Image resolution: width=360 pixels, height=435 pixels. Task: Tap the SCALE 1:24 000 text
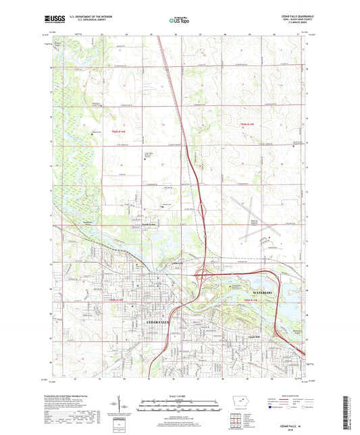point(180,396)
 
